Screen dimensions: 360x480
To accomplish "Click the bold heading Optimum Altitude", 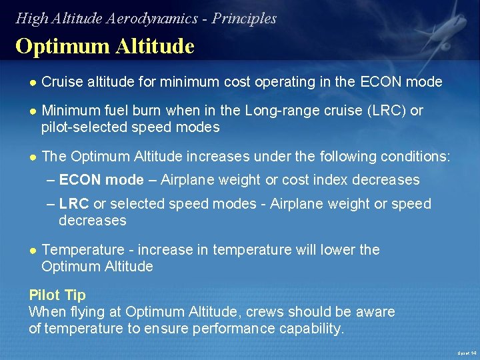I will (x=105, y=47).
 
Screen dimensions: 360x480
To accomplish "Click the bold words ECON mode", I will (x=101, y=180).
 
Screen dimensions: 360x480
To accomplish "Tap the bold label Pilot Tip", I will (x=57, y=295).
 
